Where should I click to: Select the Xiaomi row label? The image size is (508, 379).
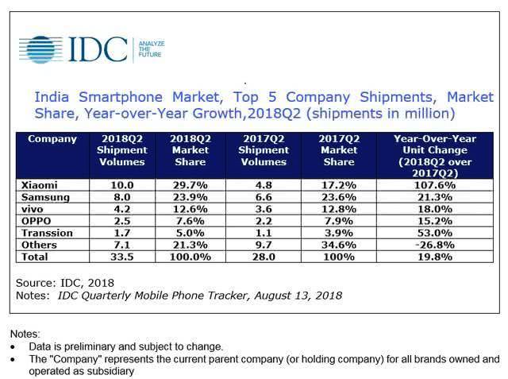46,184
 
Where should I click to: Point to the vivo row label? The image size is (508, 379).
40,209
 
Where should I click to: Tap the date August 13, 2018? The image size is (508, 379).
297,295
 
